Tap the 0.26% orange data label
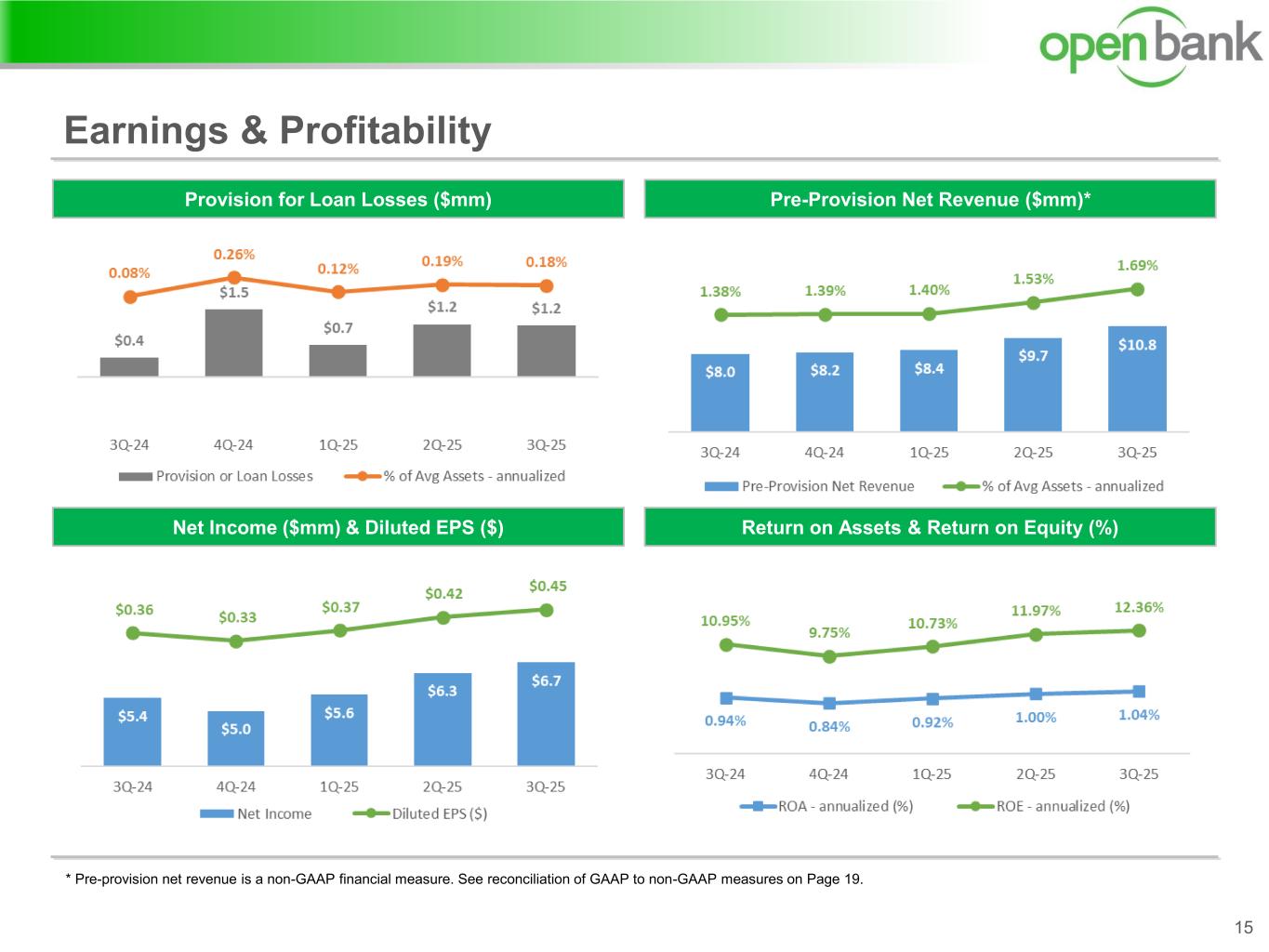point(234,255)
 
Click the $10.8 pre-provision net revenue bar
point(1137,378)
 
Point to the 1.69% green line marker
point(1136,289)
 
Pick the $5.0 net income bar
point(236,738)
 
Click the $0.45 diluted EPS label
point(548,586)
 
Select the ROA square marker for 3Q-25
point(1139,691)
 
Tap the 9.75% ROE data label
point(829,633)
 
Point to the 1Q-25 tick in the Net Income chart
point(339,787)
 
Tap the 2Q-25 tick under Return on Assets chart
point(1036,773)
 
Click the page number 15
point(1243,927)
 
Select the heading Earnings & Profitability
point(277,130)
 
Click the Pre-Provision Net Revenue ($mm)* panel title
point(930,199)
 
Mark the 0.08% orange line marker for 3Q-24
point(130,297)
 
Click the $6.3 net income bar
point(443,719)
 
